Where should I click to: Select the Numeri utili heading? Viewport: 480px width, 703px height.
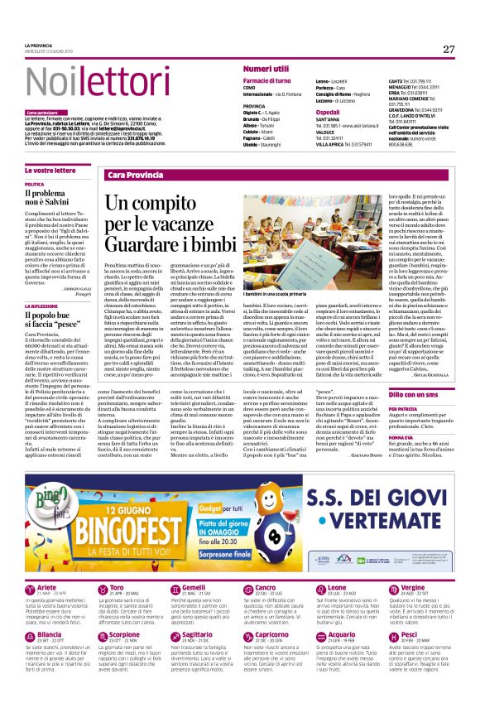click(x=266, y=68)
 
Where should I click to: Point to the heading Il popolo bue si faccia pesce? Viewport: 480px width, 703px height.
click(x=57, y=320)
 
